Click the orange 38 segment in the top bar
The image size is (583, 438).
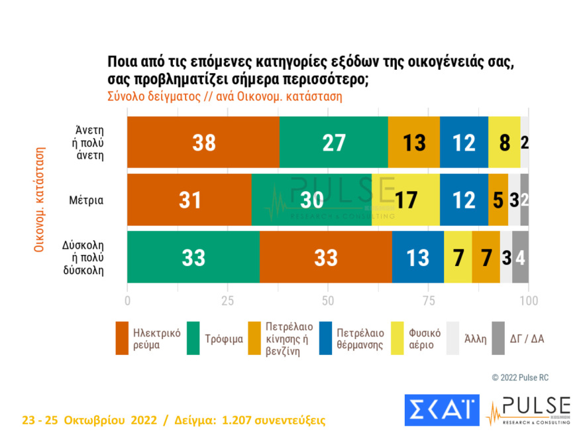click(x=203, y=142)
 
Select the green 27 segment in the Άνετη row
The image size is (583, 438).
click(x=333, y=142)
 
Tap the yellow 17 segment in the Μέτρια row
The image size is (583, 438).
click(x=405, y=200)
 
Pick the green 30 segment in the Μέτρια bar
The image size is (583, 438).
click(x=311, y=200)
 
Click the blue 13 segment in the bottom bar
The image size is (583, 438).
click(x=417, y=257)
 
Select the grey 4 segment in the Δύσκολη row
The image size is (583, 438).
click(x=520, y=257)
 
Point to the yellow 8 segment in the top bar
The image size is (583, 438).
click(x=503, y=142)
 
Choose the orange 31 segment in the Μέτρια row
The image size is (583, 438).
click(x=189, y=200)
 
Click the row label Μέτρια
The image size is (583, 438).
click(x=91, y=200)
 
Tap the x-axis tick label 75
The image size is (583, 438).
click(x=428, y=301)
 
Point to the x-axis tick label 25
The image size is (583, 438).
click(x=227, y=301)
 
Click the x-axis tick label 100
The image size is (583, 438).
click(x=528, y=301)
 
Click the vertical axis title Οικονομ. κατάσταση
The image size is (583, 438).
click(x=39, y=199)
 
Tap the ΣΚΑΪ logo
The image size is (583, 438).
click(x=441, y=410)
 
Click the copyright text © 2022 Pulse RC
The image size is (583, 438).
click(x=519, y=378)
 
